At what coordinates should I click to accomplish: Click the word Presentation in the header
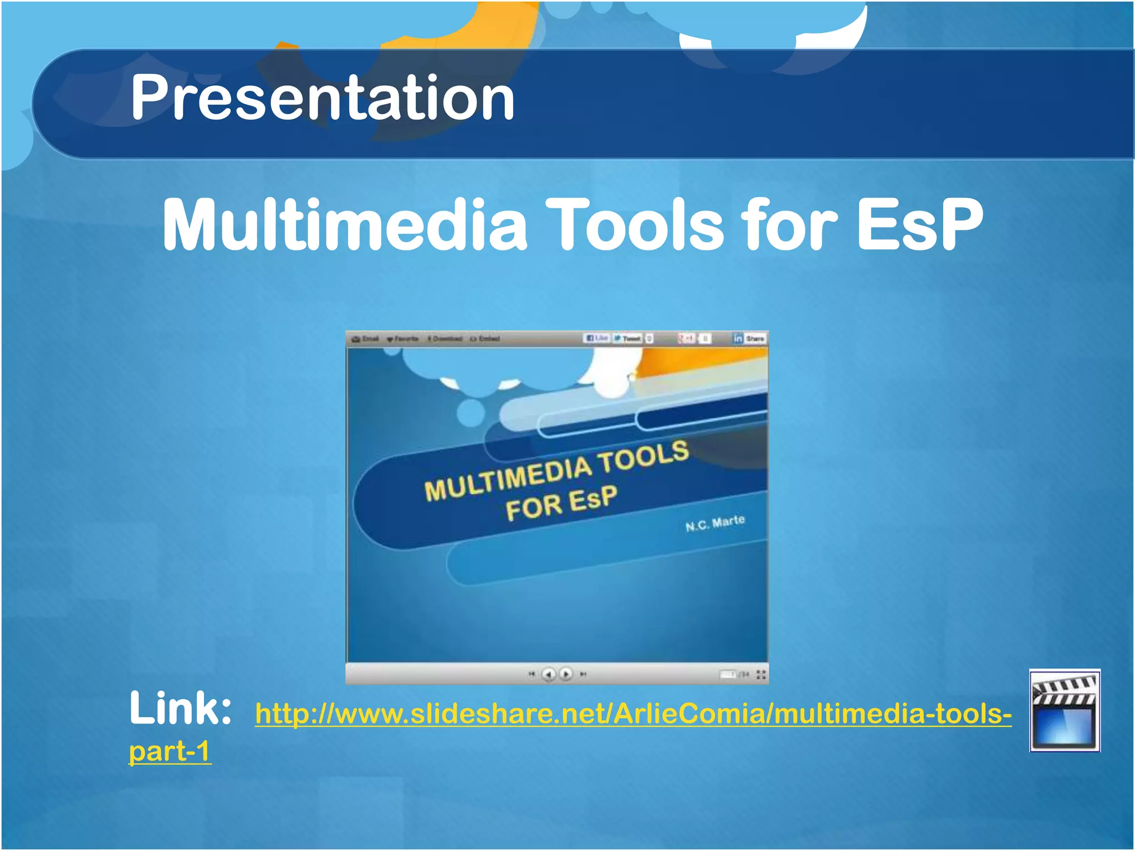pyautogui.click(x=323, y=99)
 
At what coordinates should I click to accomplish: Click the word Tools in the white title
pyautogui.click(x=635, y=224)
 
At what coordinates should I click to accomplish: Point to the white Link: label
pyautogui.click(x=180, y=709)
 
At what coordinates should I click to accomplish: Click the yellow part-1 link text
pyautogui.click(x=170, y=752)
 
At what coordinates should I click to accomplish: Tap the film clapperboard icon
pyautogui.click(x=1065, y=711)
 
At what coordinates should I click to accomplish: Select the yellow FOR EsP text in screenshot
pyautogui.click(x=561, y=503)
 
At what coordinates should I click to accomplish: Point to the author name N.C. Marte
pyautogui.click(x=715, y=522)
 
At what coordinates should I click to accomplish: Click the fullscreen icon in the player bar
pyautogui.click(x=761, y=674)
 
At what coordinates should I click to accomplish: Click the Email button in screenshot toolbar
pyautogui.click(x=366, y=339)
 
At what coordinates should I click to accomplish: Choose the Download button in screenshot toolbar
pyautogui.click(x=445, y=339)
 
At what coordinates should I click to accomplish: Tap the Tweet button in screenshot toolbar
pyautogui.click(x=628, y=338)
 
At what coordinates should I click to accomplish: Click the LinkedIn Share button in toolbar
pyautogui.click(x=750, y=338)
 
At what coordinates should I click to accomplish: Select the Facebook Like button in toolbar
pyautogui.click(x=597, y=338)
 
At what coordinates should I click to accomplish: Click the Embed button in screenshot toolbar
pyautogui.click(x=485, y=339)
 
